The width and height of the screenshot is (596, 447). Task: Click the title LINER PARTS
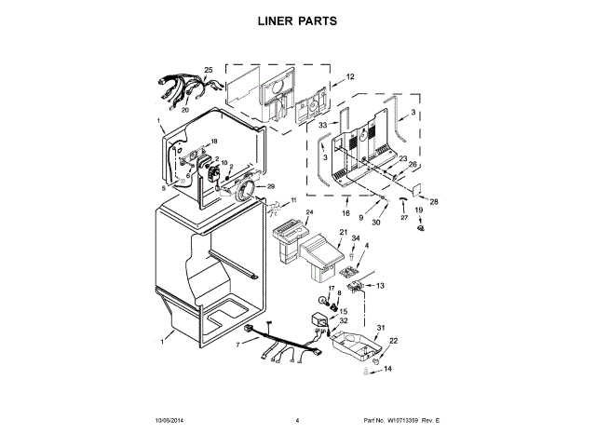click(x=297, y=20)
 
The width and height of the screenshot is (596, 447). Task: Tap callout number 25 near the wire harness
click(x=209, y=70)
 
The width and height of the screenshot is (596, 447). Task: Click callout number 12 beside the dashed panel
click(x=350, y=77)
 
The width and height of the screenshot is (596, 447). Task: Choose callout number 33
click(x=322, y=125)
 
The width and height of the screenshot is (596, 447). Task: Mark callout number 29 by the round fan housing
click(x=271, y=187)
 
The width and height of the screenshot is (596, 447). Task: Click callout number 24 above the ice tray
click(x=310, y=213)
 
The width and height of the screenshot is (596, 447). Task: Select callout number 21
click(x=343, y=232)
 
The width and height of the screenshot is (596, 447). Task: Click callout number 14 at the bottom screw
click(x=388, y=370)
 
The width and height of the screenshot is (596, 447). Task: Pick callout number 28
click(x=433, y=201)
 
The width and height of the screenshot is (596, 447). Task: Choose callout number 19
click(x=418, y=210)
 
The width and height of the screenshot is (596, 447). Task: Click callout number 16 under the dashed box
click(x=345, y=200)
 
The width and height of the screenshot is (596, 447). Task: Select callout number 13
click(x=380, y=285)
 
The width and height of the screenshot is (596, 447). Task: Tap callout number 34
click(x=354, y=239)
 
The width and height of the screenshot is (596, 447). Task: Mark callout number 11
click(x=292, y=200)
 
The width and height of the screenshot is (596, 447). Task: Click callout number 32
click(x=344, y=321)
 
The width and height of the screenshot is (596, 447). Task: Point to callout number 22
click(x=393, y=341)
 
